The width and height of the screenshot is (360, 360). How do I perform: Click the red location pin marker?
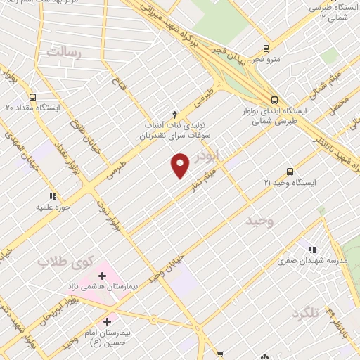181,165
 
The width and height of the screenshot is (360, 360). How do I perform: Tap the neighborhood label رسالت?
64,53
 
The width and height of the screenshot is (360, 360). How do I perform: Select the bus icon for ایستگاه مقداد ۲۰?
32,98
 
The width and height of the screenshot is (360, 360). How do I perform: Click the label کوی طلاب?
65,262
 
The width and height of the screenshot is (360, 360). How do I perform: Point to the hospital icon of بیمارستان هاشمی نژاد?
102,276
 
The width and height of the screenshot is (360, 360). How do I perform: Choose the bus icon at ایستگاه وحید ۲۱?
290,172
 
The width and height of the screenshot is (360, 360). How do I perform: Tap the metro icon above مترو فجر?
266,48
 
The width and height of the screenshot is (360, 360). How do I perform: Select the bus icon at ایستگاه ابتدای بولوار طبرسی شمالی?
274,100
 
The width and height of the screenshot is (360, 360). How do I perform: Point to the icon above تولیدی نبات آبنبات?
174,113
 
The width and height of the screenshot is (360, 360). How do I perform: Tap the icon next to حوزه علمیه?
51,197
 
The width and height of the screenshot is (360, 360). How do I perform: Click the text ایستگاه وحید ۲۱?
290,183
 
